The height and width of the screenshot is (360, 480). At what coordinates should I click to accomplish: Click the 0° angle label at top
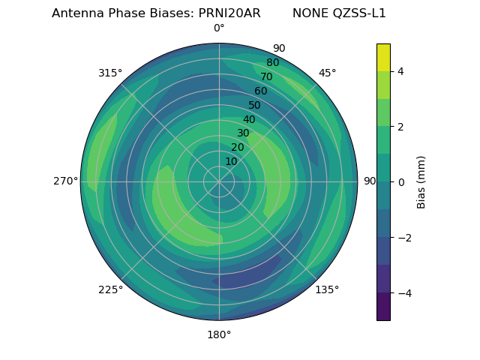click(219, 28)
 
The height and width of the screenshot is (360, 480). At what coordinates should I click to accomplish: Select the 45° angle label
click(327, 73)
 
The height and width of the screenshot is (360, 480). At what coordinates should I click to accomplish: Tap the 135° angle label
click(327, 289)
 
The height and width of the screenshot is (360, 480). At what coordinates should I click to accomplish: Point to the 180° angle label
click(219, 334)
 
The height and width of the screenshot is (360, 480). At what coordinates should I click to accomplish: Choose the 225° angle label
click(110, 289)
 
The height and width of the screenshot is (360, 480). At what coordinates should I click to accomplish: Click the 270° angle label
click(65, 181)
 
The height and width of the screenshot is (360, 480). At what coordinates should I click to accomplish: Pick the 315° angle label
click(110, 73)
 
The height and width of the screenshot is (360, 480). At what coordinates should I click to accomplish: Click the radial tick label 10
click(231, 162)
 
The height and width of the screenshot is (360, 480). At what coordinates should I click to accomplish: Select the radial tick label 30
click(243, 133)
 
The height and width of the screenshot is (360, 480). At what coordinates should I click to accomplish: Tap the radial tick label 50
click(255, 106)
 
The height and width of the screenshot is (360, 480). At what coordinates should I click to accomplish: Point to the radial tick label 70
click(266, 77)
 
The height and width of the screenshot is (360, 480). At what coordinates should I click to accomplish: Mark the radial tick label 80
click(272, 63)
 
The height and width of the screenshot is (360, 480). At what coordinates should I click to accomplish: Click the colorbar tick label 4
click(401, 71)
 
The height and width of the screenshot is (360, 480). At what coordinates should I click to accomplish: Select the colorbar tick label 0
click(401, 181)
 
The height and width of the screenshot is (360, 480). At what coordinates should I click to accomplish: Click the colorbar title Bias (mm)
click(421, 181)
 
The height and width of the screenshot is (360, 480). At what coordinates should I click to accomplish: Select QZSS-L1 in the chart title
click(360, 13)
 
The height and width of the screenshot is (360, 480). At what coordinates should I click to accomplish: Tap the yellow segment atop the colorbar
click(383, 57)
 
